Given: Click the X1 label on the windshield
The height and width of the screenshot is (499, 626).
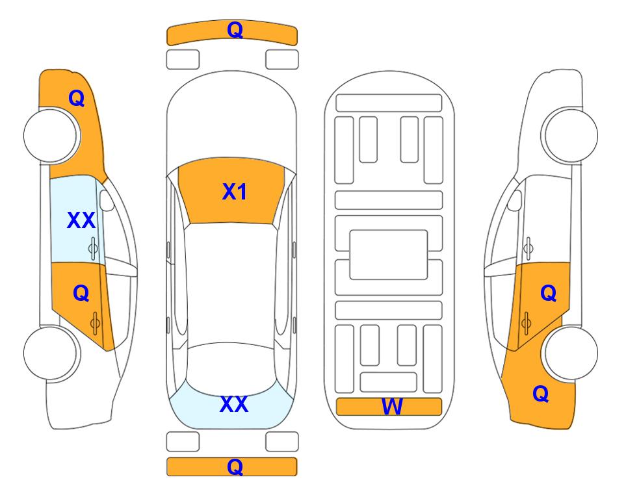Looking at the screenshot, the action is click(235, 192).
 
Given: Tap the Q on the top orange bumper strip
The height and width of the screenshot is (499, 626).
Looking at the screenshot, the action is click(235, 30).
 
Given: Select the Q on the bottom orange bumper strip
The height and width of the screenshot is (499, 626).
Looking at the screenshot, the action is click(235, 467).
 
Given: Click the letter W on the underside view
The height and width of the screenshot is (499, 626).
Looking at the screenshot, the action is click(391, 407).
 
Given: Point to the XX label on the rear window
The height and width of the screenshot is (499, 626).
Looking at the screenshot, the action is click(234, 404).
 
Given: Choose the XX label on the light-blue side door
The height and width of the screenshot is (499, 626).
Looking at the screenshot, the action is click(81, 220).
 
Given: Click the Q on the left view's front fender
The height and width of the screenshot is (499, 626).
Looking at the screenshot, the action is click(77, 98).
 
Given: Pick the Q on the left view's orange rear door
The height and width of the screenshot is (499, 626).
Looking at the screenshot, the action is click(81, 294).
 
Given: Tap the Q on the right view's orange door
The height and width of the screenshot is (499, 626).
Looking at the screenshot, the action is click(548, 294).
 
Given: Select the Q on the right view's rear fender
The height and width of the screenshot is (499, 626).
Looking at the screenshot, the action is click(541, 394).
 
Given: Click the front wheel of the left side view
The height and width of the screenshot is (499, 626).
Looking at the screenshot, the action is click(50, 136).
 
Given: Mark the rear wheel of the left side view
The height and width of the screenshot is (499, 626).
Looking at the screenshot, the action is click(50, 353).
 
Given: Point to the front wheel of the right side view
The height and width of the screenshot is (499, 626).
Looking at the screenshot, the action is click(571, 135).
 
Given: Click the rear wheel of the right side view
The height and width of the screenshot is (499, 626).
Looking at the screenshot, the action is click(571, 353).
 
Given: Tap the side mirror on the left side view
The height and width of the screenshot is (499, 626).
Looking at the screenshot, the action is click(106, 200).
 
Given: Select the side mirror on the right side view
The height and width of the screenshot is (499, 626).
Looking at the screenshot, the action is click(515, 200).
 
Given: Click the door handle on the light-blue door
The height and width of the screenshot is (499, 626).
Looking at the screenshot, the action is click(93, 248).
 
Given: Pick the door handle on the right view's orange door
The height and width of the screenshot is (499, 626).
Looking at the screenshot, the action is click(527, 323).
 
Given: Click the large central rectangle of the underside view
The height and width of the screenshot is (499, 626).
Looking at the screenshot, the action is click(389, 255).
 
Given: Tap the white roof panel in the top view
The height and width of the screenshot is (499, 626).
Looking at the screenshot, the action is click(231, 283).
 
